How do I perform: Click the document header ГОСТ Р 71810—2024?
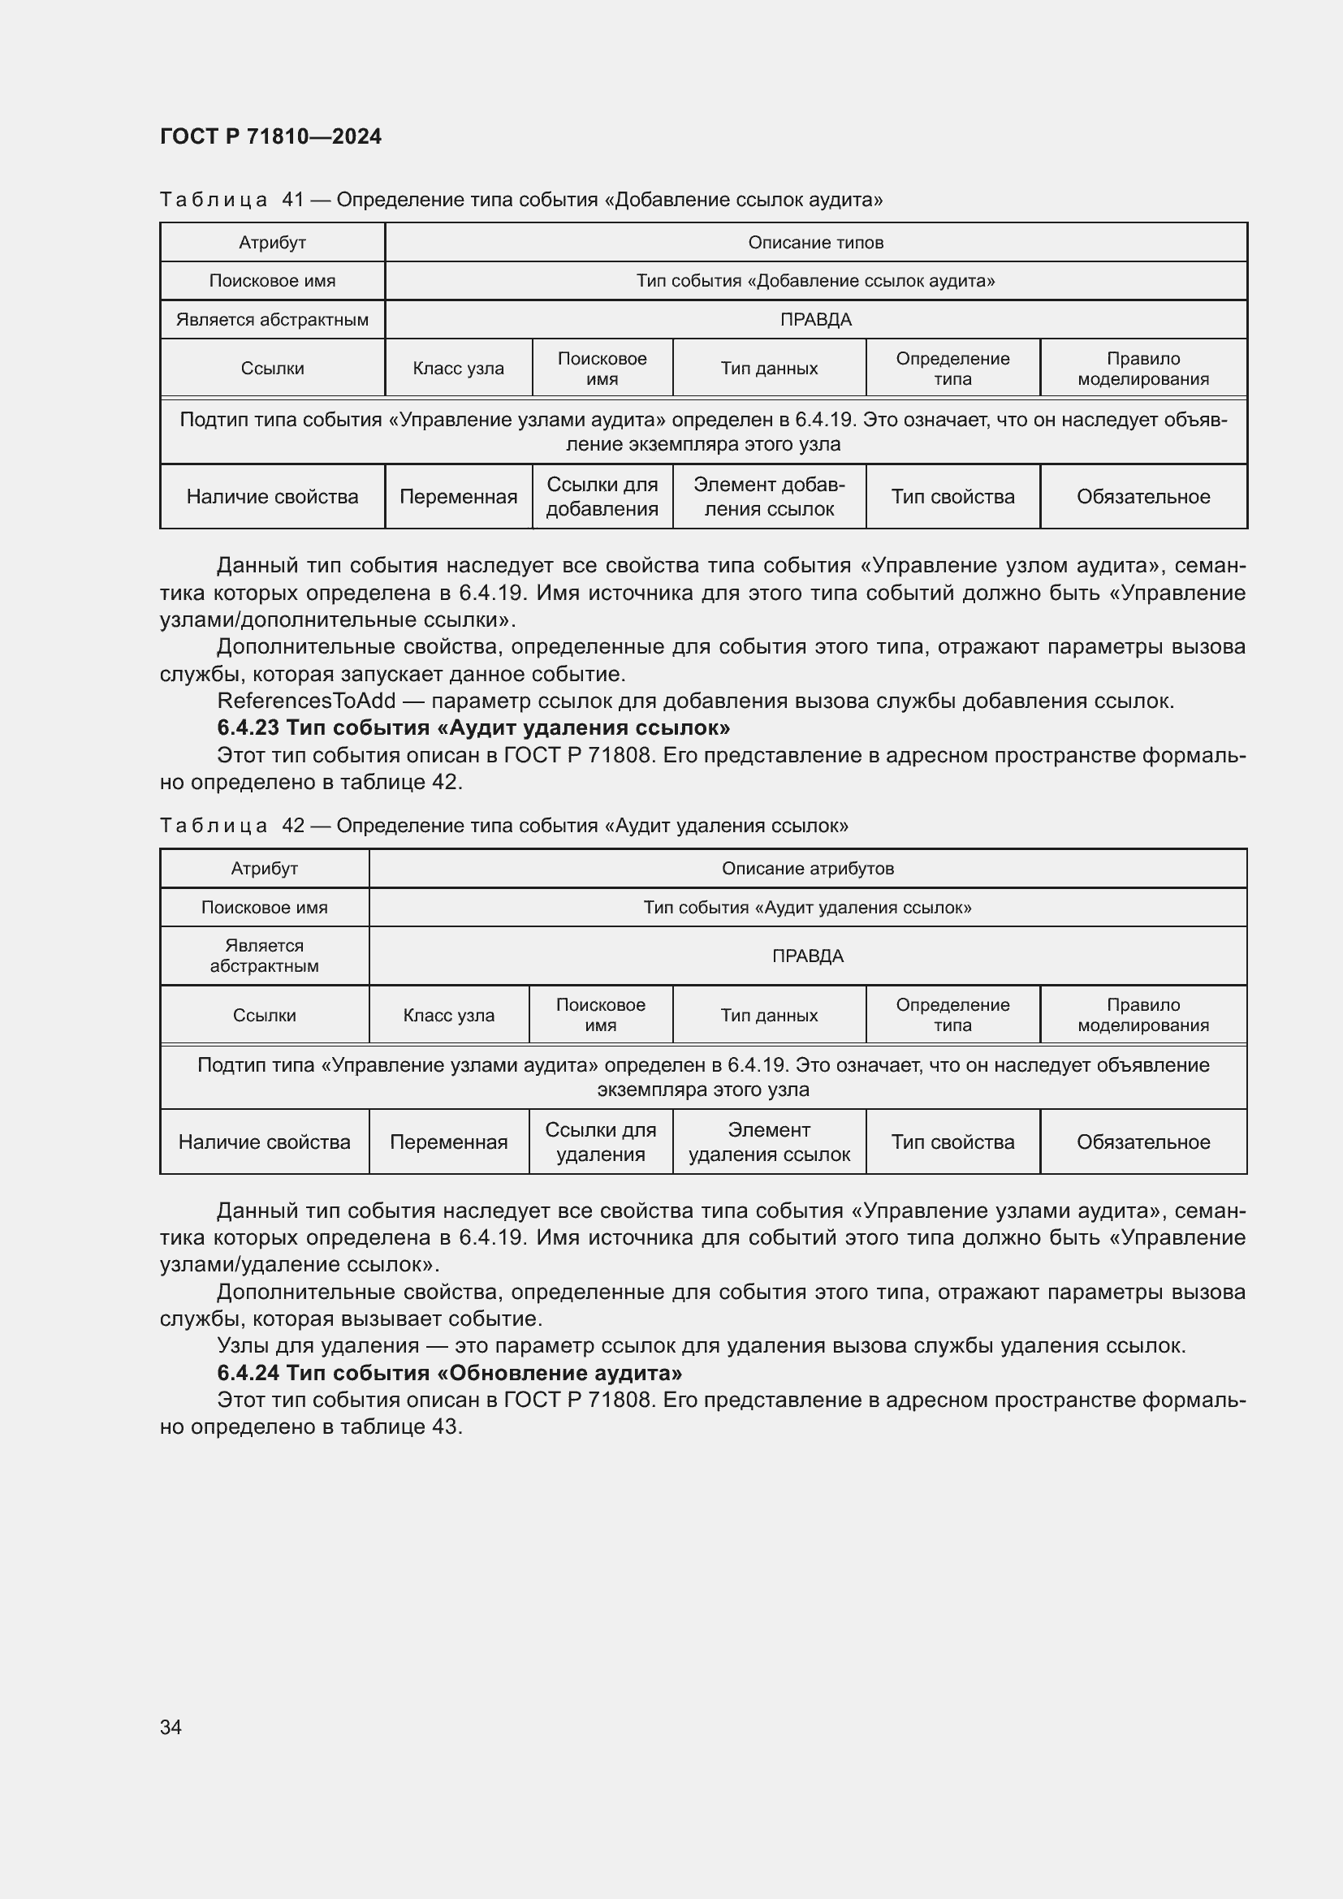coord(270,136)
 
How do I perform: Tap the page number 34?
coord(171,1727)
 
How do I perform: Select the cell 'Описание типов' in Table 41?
coord(815,242)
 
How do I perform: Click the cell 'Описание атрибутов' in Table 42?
coord(807,869)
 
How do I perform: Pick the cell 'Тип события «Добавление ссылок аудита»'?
coord(815,281)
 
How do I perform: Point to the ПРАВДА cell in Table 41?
coord(815,320)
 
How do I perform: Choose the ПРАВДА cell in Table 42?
coord(807,956)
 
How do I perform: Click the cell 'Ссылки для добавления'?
coord(602,497)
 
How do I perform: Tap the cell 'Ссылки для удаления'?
coord(600,1142)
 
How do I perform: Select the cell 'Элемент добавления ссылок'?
coord(769,497)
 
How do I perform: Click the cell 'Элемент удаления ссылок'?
coord(769,1142)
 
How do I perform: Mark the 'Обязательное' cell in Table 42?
coord(1143,1142)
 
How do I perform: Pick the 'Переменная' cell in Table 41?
coord(458,497)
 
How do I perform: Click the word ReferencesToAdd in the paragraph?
coord(306,701)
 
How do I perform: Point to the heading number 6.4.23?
coord(248,727)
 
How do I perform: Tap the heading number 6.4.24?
coord(248,1373)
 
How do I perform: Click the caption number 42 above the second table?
coord(293,826)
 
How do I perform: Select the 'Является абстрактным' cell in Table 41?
coord(272,320)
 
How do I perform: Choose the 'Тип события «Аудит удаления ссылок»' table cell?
coord(807,908)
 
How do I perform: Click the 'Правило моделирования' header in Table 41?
coord(1143,369)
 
